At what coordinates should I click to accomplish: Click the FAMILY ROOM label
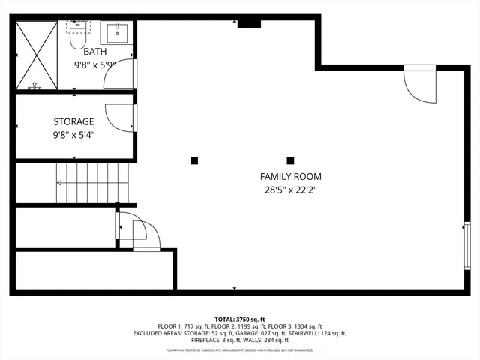pyautogui.click(x=291, y=177)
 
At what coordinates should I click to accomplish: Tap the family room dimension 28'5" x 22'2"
pyautogui.click(x=291, y=190)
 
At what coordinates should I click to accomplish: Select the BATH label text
pyautogui.click(x=94, y=52)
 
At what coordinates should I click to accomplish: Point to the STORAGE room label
pyautogui.click(x=73, y=121)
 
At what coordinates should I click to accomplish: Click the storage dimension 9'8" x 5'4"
pyautogui.click(x=73, y=135)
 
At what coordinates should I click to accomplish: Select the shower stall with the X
pyautogui.click(x=35, y=55)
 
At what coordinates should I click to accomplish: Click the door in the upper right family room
pyautogui.click(x=419, y=85)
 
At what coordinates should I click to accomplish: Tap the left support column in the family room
pyautogui.click(x=194, y=160)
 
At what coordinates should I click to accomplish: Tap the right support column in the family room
pyautogui.click(x=290, y=160)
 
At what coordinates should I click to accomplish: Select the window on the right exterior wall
pyautogui.click(x=467, y=244)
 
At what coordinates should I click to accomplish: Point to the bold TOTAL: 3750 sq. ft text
pyautogui.click(x=240, y=319)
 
